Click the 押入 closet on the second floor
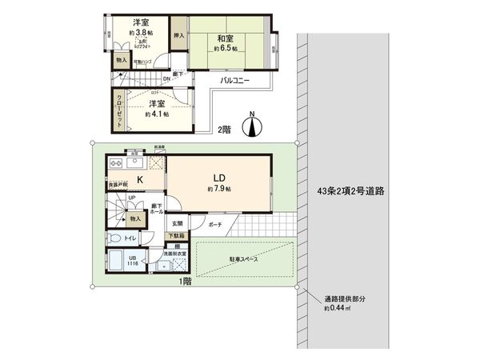pos(179,36)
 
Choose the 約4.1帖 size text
pos(157,114)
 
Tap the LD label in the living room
pos(218,178)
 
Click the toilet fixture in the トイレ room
pos(114,238)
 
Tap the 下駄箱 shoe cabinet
pos(175,235)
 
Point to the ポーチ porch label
pos(214,226)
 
